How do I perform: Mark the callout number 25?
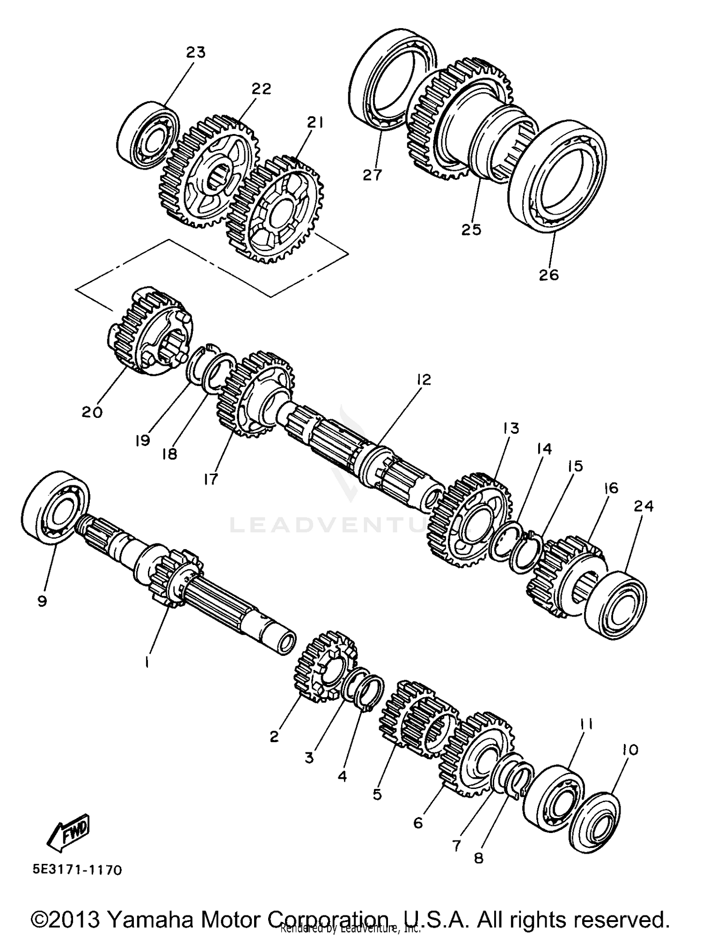(x=471, y=230)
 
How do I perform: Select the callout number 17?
(x=211, y=479)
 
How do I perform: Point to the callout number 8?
(x=478, y=857)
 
